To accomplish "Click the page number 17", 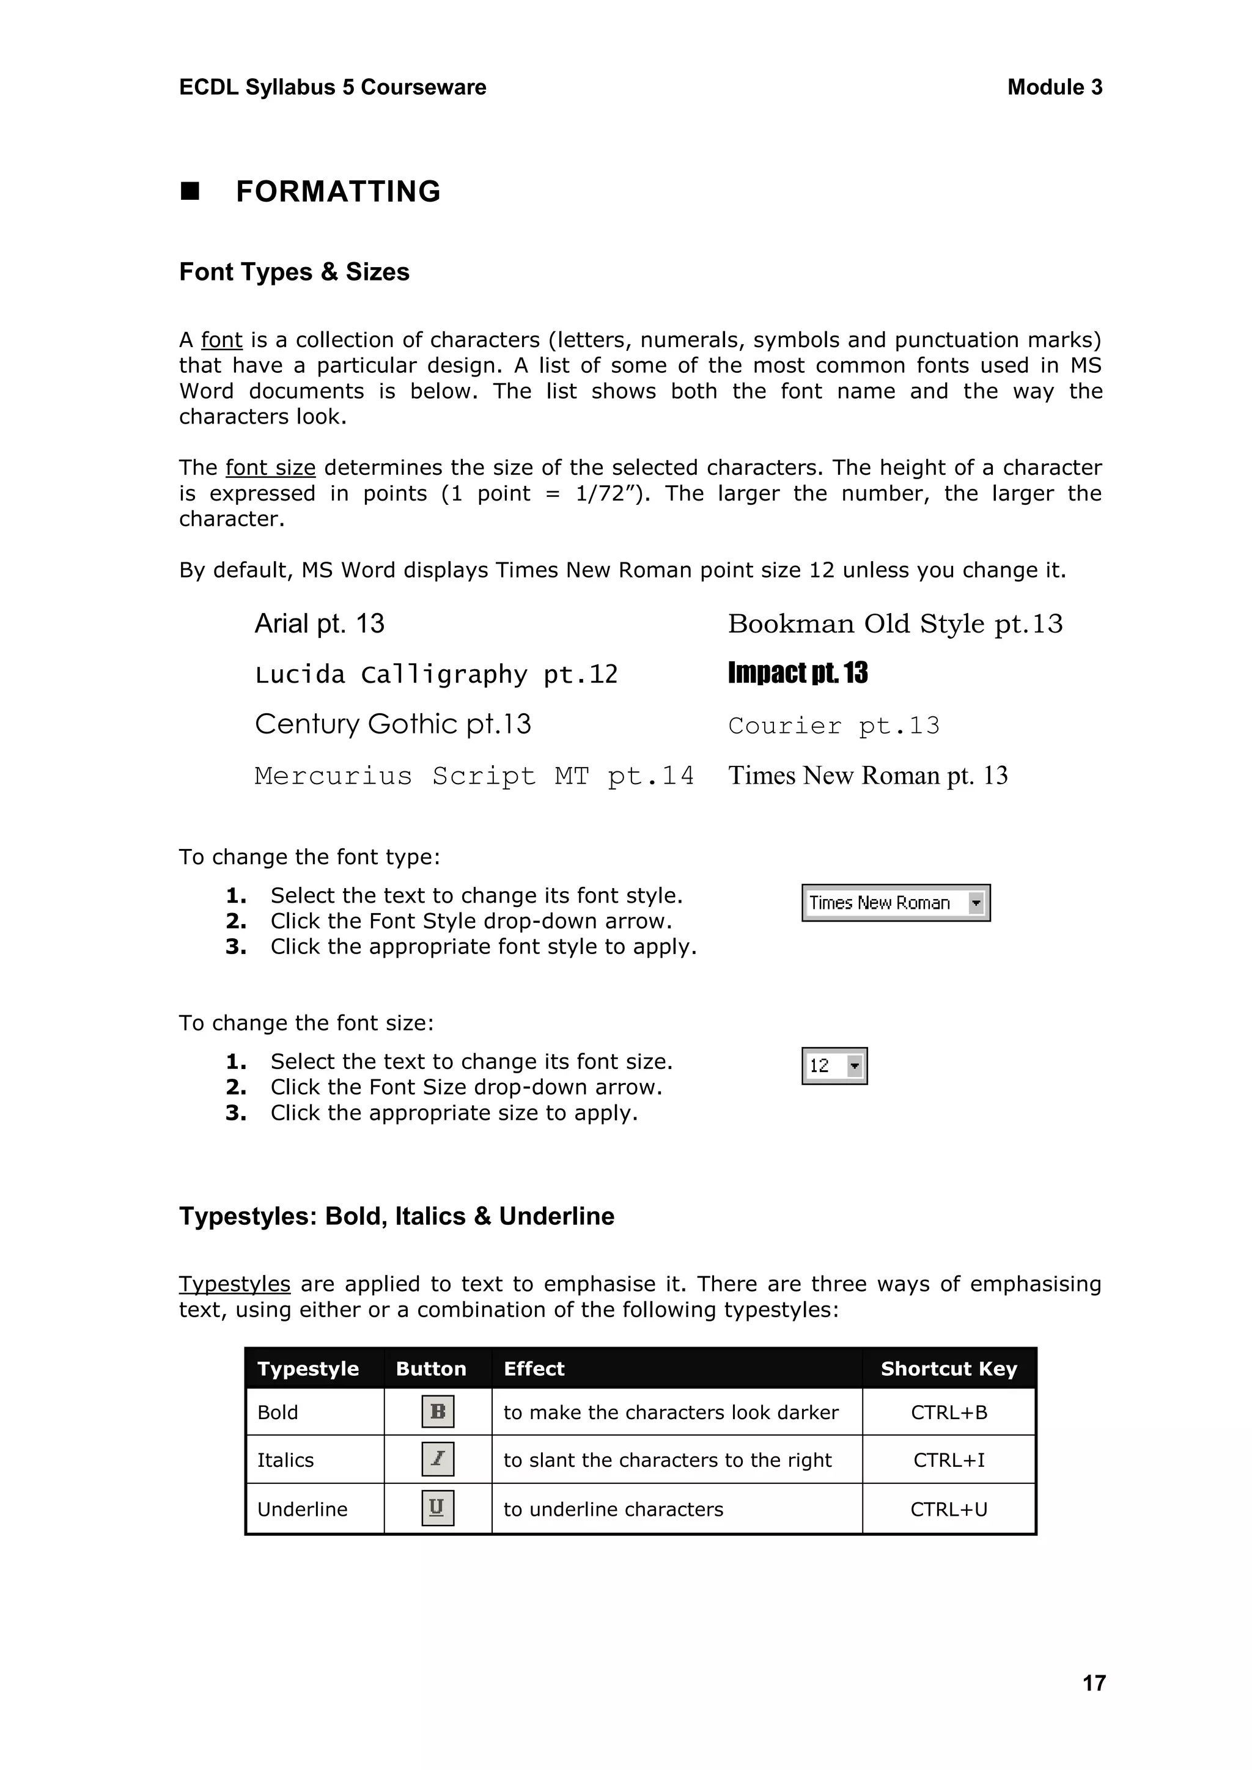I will click(1093, 1683).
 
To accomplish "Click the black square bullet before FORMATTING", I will click(190, 191).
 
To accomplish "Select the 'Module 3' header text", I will click(1054, 87).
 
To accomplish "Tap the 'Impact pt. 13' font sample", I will click(797, 673).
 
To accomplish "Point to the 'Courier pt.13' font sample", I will click(833, 725).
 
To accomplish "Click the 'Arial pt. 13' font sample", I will click(319, 623).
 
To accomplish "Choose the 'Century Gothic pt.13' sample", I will click(392, 724).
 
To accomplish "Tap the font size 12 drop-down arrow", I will click(854, 1066).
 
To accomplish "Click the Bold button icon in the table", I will click(438, 1411).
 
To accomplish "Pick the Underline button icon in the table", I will click(438, 1508).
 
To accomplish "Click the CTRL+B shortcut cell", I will click(948, 1412).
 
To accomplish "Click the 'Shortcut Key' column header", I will click(948, 1369).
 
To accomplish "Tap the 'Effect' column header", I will click(534, 1369).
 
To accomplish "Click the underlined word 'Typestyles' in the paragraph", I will click(234, 1284).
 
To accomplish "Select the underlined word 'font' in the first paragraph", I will click(221, 340).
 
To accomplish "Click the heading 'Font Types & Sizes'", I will click(293, 272).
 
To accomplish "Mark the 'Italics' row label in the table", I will click(285, 1460).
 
